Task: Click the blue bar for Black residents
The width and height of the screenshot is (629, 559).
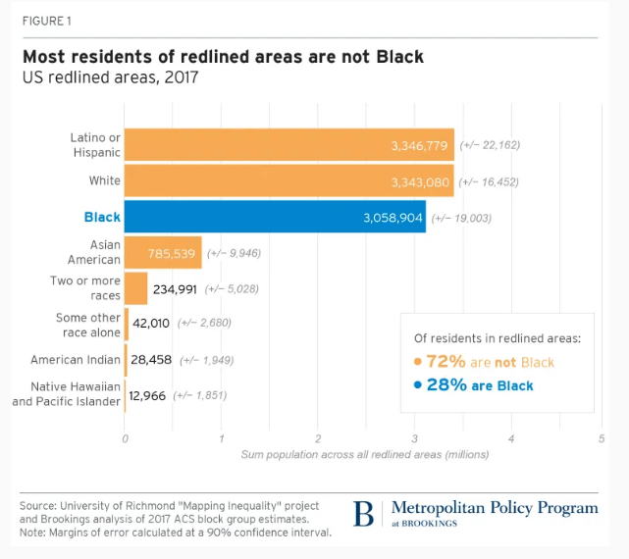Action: (275, 217)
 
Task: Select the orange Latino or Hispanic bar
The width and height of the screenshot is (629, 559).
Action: (288, 145)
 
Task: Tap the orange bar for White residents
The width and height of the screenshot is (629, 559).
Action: (288, 180)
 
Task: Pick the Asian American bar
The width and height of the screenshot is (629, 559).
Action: (163, 253)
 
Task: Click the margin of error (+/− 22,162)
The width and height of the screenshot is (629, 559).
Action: (490, 145)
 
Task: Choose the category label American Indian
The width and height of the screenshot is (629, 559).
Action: (76, 360)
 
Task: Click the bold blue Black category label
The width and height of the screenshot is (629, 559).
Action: (102, 217)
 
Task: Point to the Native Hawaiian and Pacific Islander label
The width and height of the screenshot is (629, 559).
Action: (66, 394)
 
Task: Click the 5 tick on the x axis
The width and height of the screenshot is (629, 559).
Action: (602, 437)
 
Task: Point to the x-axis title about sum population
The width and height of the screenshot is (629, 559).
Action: (364, 454)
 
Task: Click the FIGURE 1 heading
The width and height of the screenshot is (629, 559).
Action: (46, 21)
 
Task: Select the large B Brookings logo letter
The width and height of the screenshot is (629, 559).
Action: (364, 514)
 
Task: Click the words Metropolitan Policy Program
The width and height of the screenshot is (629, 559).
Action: (494, 508)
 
